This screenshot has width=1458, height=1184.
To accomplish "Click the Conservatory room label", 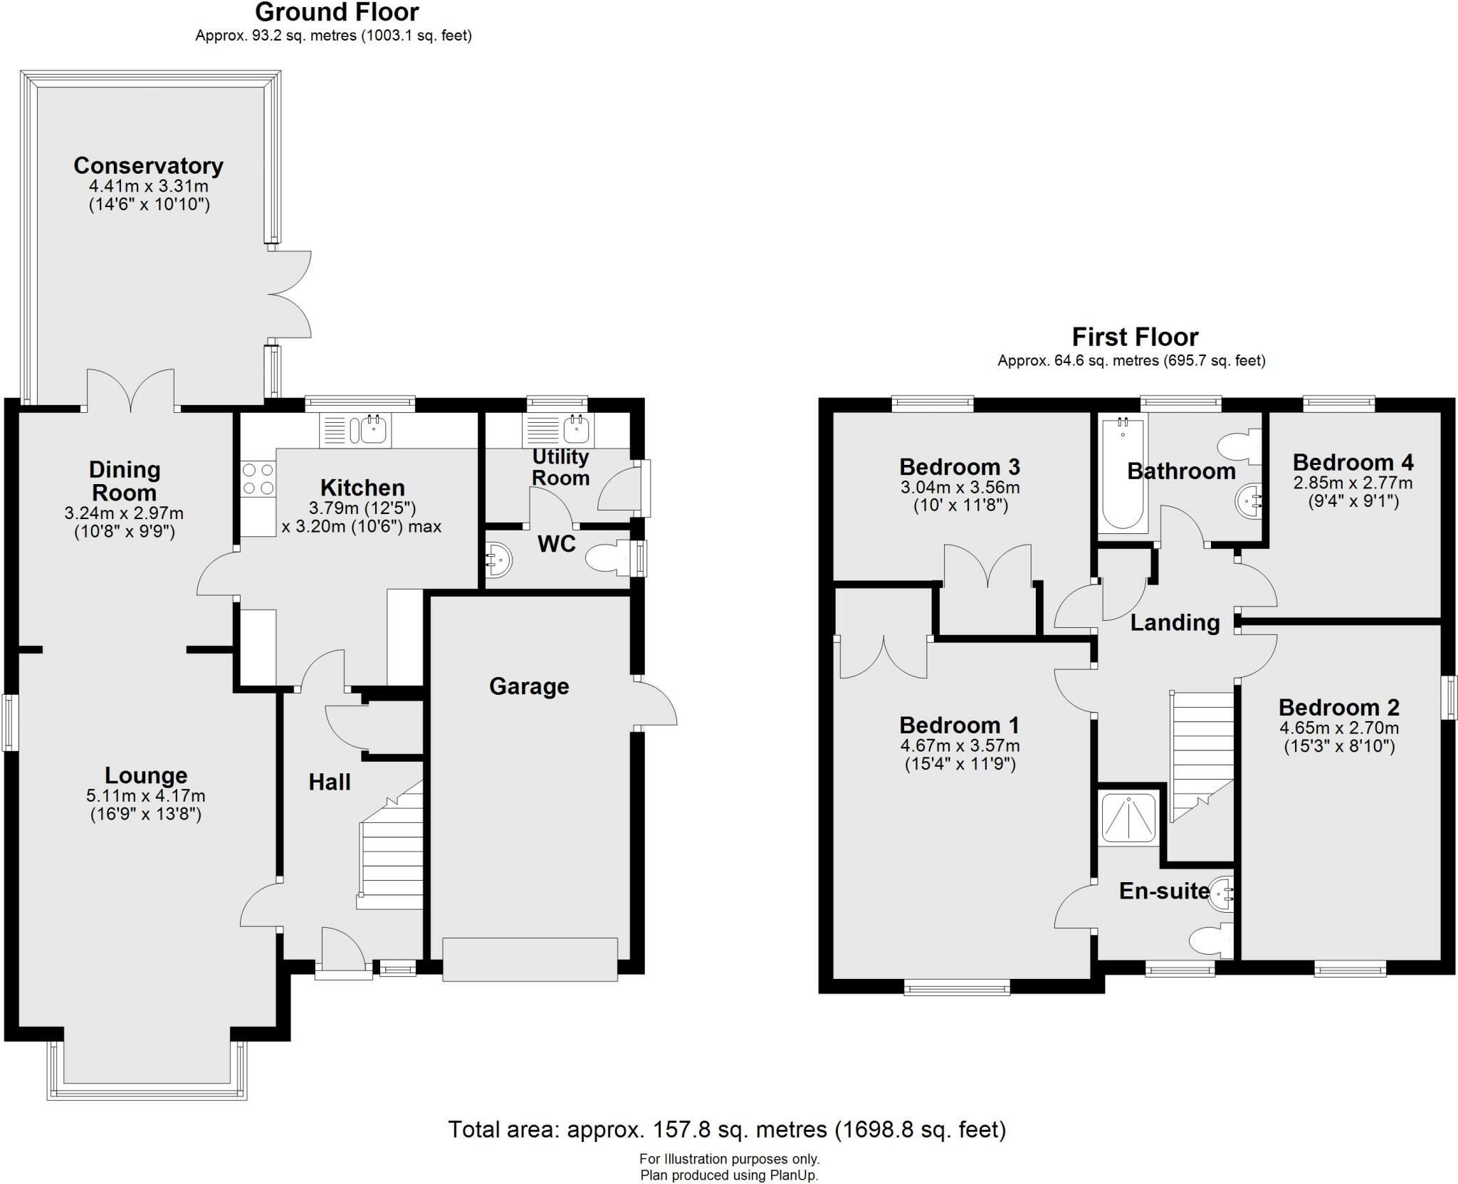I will [x=148, y=166].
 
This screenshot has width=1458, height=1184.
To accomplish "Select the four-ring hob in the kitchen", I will [x=258, y=478].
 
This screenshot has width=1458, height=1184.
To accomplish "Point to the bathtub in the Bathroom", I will [x=1123, y=473].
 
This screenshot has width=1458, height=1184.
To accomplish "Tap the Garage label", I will [x=529, y=686].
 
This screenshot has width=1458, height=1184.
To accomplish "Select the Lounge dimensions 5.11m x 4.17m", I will [x=146, y=796].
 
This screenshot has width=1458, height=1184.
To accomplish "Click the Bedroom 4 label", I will [x=1353, y=463].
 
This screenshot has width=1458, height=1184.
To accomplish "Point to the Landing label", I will [x=1175, y=623].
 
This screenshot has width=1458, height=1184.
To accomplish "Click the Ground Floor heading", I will [x=337, y=12].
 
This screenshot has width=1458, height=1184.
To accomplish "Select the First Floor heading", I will [x=1135, y=337].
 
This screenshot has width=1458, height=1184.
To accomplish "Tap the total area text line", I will [x=727, y=1129].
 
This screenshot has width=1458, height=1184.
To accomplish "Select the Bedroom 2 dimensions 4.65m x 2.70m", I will [x=1338, y=728].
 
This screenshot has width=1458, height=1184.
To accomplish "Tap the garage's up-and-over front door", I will [x=530, y=960].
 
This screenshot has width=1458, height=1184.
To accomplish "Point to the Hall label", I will [x=329, y=782].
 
